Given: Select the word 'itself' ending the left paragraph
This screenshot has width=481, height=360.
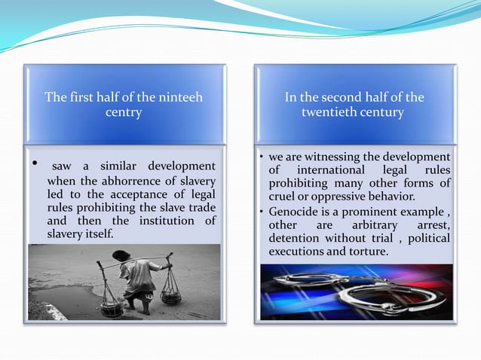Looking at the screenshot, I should tap(97, 234).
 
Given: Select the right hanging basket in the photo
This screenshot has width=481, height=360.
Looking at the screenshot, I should tap(171, 294).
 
